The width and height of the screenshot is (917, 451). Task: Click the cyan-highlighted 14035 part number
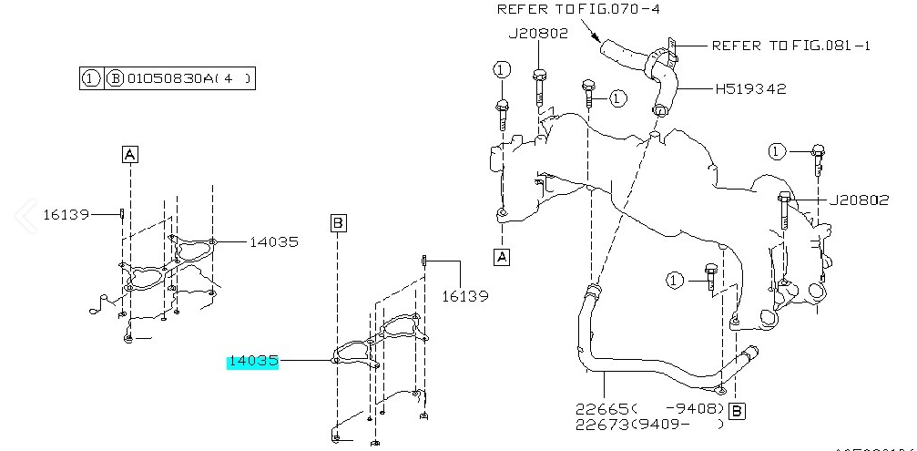point(252,362)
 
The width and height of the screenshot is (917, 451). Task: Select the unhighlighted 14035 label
point(274,242)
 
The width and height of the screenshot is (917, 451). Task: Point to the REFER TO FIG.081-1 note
point(790,45)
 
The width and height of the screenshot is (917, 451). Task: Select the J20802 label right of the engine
point(858,200)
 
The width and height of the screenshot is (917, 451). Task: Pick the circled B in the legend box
point(116,79)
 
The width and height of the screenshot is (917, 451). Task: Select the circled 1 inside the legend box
point(91,79)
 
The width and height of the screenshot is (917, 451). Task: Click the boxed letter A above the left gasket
point(130,155)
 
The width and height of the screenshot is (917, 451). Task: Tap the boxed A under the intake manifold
point(502,258)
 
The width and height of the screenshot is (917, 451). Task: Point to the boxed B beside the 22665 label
point(737,411)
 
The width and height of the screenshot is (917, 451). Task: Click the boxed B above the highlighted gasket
point(337,222)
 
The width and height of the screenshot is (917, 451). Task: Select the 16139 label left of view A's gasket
point(66,215)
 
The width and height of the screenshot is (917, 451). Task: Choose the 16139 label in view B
point(465,296)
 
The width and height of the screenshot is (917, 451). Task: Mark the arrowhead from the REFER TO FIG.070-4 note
point(600,40)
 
